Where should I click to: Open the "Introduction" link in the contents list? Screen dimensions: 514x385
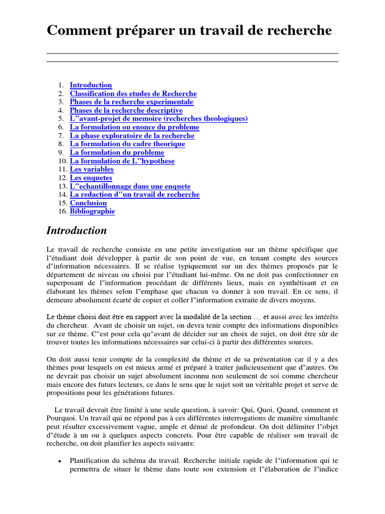click(x=91, y=85)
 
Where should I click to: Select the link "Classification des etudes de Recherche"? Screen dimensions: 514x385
click(x=133, y=94)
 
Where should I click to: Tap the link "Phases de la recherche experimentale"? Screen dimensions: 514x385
click(x=131, y=102)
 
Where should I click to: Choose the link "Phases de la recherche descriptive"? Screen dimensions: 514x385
click(x=126, y=110)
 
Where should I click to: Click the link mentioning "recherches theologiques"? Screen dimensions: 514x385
click(x=158, y=119)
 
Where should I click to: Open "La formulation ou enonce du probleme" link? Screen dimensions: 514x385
click(x=134, y=127)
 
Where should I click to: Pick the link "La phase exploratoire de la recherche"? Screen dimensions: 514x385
click(x=132, y=136)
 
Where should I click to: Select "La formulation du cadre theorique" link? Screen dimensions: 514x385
click(x=127, y=144)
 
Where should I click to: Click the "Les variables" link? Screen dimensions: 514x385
click(x=92, y=169)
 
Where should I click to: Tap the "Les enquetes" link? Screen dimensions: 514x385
click(x=91, y=178)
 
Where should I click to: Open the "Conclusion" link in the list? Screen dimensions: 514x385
click(x=88, y=203)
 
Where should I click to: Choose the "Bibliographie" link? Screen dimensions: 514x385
click(x=92, y=211)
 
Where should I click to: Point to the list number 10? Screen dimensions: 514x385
click(x=62, y=161)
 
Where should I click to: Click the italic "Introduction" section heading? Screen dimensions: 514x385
click(x=77, y=231)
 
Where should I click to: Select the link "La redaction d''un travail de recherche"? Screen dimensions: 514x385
click(x=134, y=194)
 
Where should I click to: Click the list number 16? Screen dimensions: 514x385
click(x=62, y=211)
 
